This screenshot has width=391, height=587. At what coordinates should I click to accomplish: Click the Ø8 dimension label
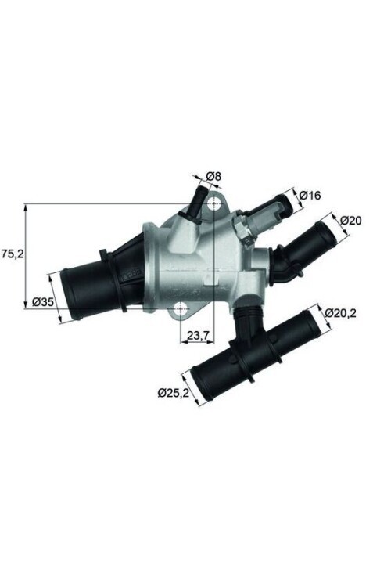(x=213, y=177)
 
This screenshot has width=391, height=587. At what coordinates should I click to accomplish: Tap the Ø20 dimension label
(x=351, y=221)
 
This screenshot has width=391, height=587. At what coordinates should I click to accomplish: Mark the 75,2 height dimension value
(x=12, y=254)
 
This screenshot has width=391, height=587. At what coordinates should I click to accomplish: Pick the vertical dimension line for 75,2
(x=25, y=254)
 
